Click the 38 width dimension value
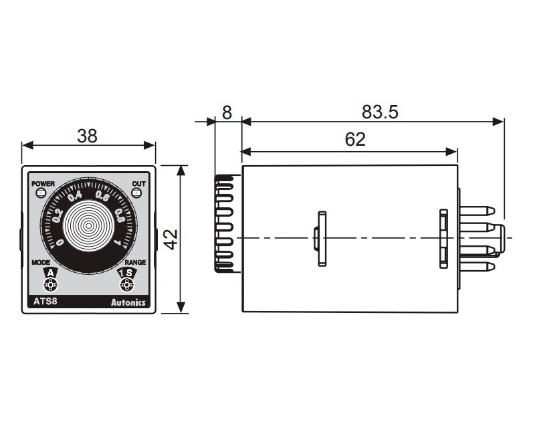[87, 136]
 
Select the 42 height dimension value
[171, 239]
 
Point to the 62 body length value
[356, 139]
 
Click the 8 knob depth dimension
[227, 112]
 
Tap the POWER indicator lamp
[41, 193]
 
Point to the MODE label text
[41, 263]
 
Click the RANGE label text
[135, 263]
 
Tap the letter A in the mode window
[49, 273]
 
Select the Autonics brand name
[128, 303]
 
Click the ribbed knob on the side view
[224, 223]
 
